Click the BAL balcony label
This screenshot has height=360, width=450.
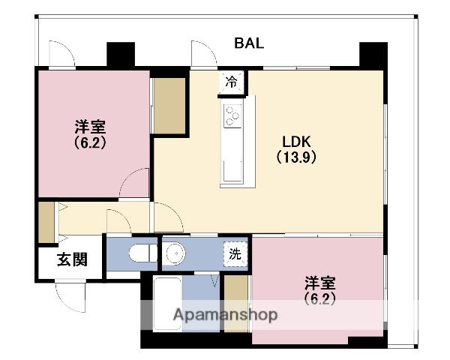pyautogui.click(x=249, y=43)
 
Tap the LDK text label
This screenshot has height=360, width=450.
pyautogui.click(x=296, y=142)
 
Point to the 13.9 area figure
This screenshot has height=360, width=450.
pyautogui.click(x=296, y=157)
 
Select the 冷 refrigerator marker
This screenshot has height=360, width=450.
pyautogui.click(x=231, y=82)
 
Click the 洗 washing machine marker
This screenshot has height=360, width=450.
pyautogui.click(x=235, y=254)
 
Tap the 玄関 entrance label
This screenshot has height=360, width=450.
pyautogui.click(x=72, y=259)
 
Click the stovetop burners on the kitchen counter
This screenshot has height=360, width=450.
pyautogui.click(x=232, y=116)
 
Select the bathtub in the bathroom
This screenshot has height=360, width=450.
pyautogui.click(x=167, y=303)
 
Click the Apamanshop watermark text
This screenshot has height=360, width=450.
pyautogui.click(x=225, y=315)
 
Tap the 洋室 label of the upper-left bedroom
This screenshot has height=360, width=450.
pyautogui.click(x=91, y=127)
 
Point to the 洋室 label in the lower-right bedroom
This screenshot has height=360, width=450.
pyautogui.click(x=320, y=283)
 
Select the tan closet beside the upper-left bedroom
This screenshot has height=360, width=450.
pyautogui.click(x=169, y=106)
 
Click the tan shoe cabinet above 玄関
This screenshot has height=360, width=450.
pyautogui.click(x=46, y=222)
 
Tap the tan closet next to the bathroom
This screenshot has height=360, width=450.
pyautogui.click(x=236, y=304)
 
